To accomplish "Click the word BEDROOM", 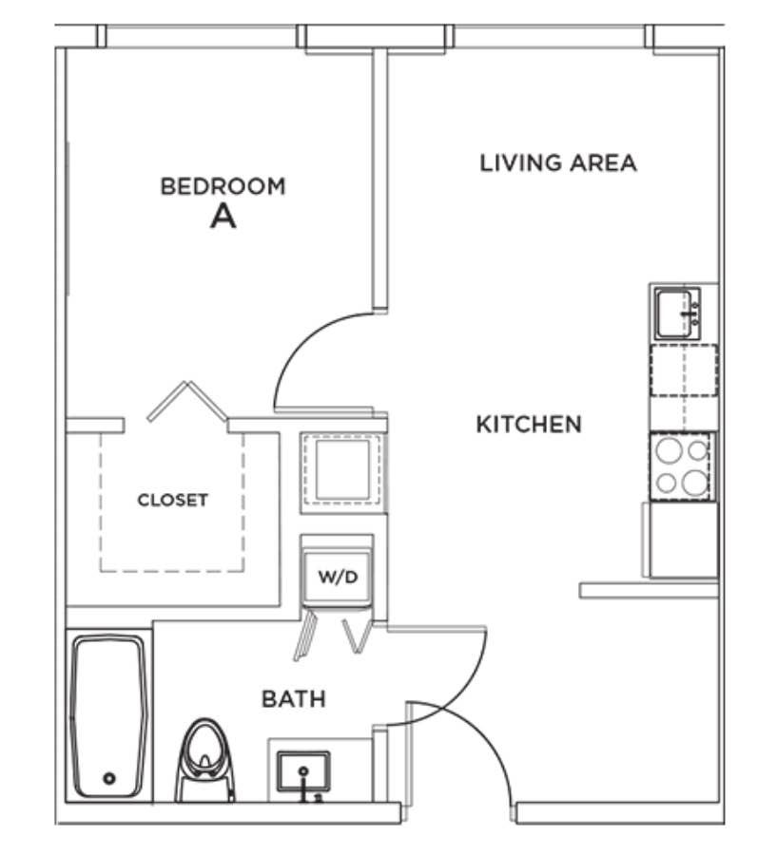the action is click(223, 186).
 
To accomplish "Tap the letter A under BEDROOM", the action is click(223, 217).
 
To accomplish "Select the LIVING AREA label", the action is click(558, 163).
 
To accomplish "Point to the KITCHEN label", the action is click(529, 425).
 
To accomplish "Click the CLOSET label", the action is click(172, 500).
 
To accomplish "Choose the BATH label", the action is click(294, 699).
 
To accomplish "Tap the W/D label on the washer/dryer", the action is click(338, 577).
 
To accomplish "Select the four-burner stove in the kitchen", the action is click(682, 466).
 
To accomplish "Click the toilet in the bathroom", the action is click(204, 760).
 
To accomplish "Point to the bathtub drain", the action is click(109, 778).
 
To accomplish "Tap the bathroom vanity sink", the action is click(303, 771).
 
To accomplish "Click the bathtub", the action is click(109, 716).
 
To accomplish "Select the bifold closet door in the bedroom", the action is click(187, 401).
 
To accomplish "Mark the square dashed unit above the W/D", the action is click(342, 469).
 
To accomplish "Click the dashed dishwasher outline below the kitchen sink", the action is click(683, 370).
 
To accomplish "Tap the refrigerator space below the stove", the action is click(683, 540).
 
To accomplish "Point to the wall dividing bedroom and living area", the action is click(380, 180).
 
